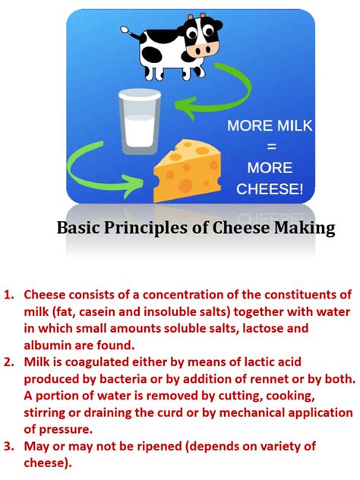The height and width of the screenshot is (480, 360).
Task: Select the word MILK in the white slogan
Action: click(296, 125)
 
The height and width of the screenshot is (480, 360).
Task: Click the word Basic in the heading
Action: click(78, 228)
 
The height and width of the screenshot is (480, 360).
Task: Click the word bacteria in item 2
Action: click(115, 378)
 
